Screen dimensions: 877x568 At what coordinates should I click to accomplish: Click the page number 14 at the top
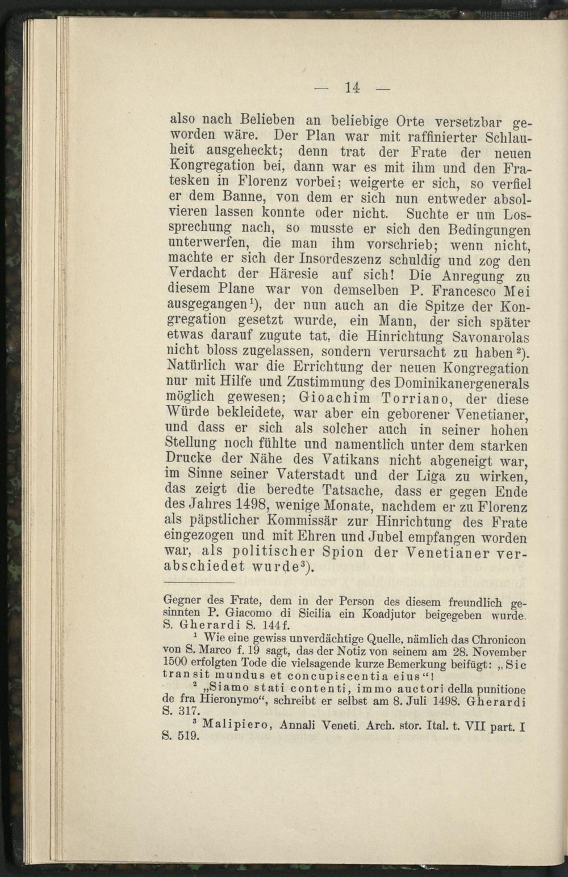click(x=353, y=87)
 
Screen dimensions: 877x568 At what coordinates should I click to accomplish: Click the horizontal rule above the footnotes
click(x=199, y=583)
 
